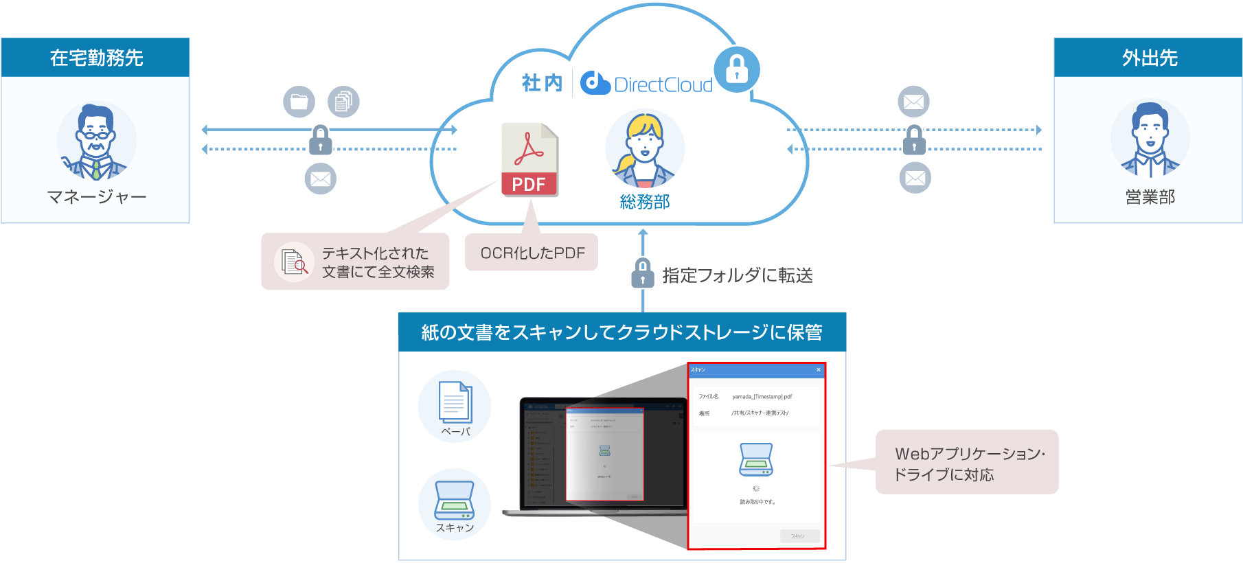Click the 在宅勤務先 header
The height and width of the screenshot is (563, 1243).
tap(95, 58)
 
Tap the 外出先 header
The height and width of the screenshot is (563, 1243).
tap(1148, 58)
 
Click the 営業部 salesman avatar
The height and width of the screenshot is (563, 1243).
tap(1150, 140)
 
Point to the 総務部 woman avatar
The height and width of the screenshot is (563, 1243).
tap(644, 150)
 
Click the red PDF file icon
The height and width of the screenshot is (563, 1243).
tap(529, 160)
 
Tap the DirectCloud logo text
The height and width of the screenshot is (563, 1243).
tap(663, 84)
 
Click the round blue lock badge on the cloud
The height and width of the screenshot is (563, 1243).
tap(737, 69)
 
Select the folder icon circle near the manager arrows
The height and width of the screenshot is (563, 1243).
tap(299, 102)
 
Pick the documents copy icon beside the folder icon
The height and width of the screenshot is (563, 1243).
tap(343, 102)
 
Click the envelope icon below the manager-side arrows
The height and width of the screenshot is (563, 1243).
tap(320, 179)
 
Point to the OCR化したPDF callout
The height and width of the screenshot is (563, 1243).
tap(532, 253)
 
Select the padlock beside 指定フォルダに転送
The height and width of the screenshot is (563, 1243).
tap(642, 273)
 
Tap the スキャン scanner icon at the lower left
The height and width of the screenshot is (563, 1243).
tap(454, 501)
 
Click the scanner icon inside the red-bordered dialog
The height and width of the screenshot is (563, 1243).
tap(755, 459)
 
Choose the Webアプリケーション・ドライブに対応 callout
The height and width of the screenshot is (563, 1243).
tap(967, 463)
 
